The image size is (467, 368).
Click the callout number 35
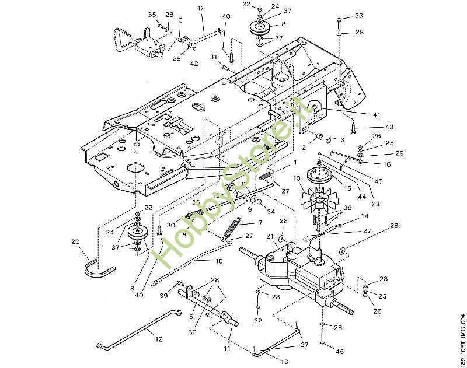point(152,15)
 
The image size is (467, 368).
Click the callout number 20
point(75,241)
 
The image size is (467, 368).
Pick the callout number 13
point(284,362)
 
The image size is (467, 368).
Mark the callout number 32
point(257,320)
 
